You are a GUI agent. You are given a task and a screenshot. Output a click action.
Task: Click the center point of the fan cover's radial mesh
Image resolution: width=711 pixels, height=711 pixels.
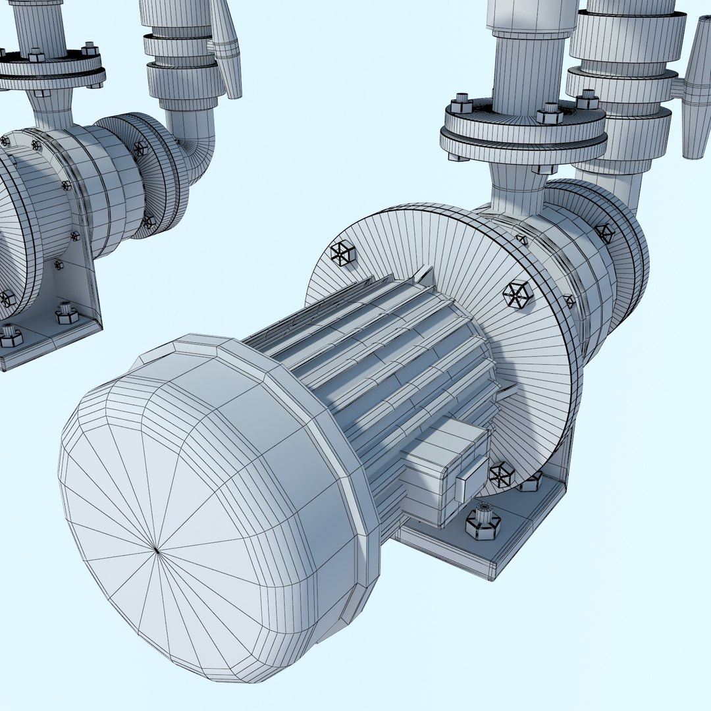(156, 548)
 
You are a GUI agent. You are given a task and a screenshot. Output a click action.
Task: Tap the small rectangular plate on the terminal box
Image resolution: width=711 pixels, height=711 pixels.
(471, 479)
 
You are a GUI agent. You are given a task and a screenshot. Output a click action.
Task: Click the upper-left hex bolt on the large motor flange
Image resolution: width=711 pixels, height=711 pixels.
(343, 253)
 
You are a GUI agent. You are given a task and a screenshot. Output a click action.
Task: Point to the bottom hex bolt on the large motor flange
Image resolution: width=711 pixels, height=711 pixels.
(502, 474)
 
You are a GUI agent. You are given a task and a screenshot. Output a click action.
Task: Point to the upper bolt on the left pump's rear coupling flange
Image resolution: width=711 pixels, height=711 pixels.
(140, 149)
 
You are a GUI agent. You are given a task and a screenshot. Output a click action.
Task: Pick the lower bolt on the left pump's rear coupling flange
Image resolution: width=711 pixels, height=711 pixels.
(149, 221)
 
